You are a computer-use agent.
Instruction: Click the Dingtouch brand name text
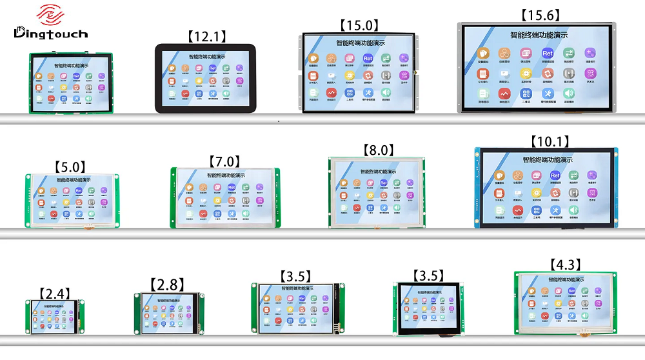point(50,33)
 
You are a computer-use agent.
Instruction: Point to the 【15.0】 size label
point(358,25)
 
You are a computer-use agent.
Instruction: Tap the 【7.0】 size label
point(224,161)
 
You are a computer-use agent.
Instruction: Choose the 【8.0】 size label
point(378,150)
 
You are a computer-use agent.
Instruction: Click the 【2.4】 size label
point(54,294)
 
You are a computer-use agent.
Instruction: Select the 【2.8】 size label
point(167,285)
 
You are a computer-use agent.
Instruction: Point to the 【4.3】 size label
point(565,265)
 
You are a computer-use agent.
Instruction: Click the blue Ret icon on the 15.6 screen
point(547,54)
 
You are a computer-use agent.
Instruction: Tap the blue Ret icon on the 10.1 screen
point(555,175)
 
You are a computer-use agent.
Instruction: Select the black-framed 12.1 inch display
point(204,78)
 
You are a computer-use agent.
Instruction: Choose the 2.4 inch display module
point(55,317)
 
